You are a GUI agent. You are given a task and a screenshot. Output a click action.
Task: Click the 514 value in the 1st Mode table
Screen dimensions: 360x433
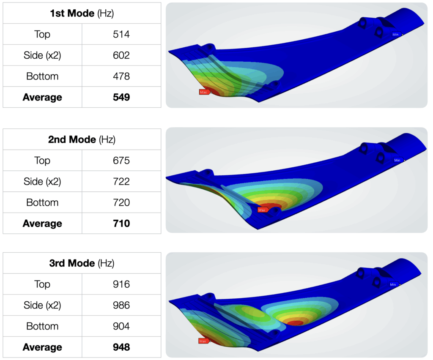[121, 34]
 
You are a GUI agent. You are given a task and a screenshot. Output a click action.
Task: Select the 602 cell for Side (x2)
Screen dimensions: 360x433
[121, 55]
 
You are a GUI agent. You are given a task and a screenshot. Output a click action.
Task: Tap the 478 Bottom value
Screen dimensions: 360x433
[121, 76]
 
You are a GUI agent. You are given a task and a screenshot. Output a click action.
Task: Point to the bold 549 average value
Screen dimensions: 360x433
[121, 97]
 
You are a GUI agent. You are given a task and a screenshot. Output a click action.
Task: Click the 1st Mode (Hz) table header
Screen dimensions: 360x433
[82, 13]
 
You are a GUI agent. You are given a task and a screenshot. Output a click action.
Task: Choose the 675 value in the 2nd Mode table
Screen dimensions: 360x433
[121, 161]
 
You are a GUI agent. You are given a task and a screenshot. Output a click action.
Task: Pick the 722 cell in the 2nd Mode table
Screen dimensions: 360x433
[121, 182]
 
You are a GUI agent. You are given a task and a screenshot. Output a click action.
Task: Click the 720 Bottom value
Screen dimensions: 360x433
[121, 202]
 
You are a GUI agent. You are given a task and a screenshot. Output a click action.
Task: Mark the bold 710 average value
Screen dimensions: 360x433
[121, 224]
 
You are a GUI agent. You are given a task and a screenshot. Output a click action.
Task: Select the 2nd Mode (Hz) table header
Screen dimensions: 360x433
[82, 139]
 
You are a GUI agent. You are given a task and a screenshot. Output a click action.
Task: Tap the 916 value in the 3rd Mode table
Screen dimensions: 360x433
[121, 284]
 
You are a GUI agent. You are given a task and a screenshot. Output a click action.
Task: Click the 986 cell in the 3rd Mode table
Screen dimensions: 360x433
[121, 305]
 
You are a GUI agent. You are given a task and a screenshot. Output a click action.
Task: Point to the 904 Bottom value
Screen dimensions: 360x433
[121, 326]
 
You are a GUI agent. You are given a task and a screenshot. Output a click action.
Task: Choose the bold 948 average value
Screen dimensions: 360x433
[121, 347]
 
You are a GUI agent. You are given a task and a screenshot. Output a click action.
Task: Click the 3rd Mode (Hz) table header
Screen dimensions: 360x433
[82, 263]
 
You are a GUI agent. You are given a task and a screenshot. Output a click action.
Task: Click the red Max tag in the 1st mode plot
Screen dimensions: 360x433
[204, 92]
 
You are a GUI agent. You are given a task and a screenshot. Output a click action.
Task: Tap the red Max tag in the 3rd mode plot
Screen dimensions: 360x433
[203, 341]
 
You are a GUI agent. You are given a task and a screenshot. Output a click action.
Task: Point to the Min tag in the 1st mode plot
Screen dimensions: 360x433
[396, 35]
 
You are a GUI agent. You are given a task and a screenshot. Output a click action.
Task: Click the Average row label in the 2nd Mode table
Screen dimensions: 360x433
[42, 224]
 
